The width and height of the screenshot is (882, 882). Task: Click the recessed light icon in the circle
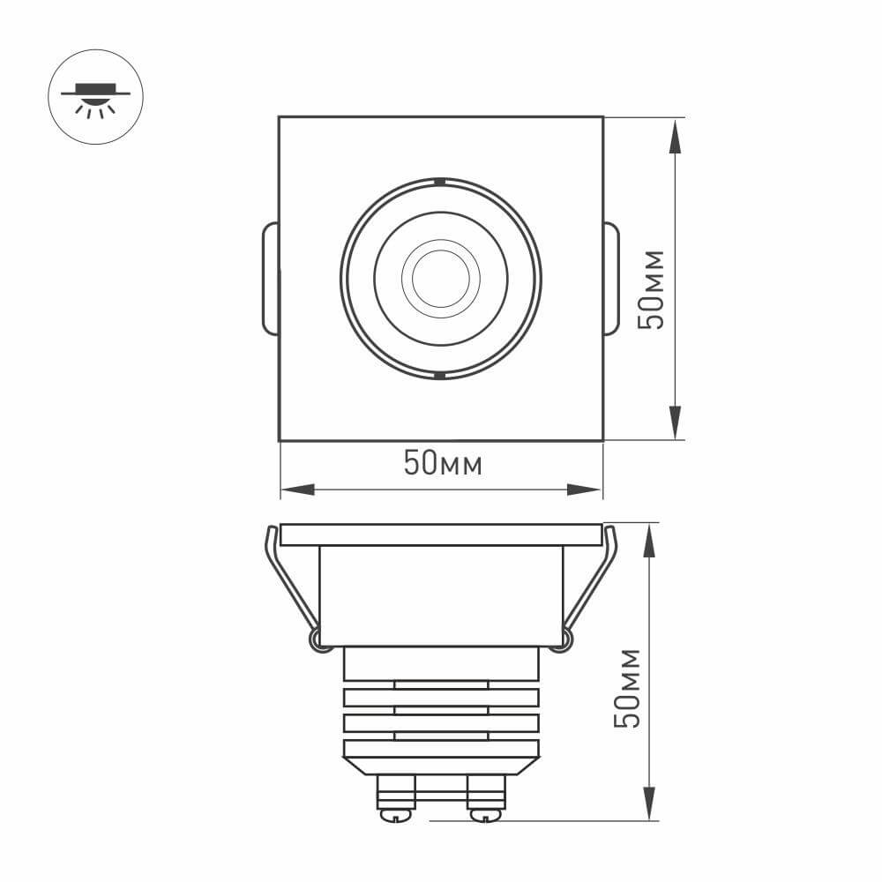click(95, 96)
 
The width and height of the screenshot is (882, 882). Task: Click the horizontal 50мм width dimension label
click(443, 463)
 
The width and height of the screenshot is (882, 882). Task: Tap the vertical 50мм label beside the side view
click(627, 688)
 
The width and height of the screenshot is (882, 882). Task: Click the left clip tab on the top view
click(271, 279)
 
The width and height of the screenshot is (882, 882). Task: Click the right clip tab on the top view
click(610, 279)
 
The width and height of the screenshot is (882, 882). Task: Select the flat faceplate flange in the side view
click(441, 534)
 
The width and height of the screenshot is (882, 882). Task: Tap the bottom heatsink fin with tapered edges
click(441, 755)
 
